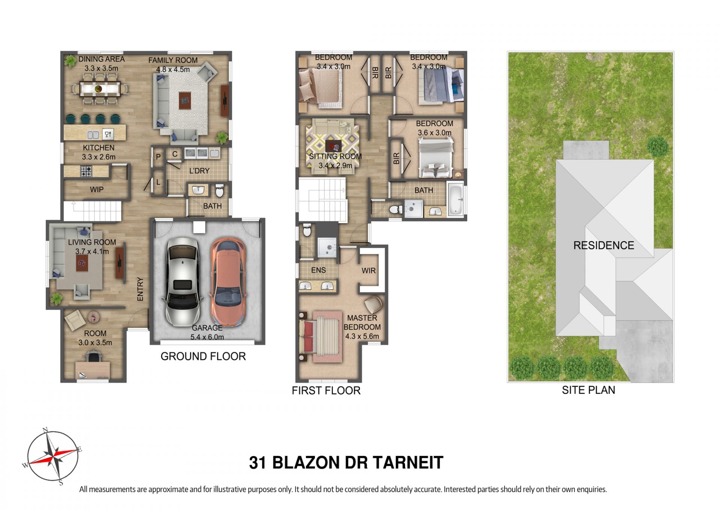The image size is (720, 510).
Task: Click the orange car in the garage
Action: tap(228, 282)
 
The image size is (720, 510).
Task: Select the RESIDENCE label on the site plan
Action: tap(603, 245)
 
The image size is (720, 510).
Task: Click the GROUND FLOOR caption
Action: tap(203, 356)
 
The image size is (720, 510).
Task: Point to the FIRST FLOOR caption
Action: tap(326, 390)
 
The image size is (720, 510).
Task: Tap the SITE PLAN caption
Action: tap(588, 390)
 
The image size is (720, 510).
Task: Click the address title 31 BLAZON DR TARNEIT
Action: tap(346, 463)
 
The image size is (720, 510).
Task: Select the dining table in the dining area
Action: tap(100, 89)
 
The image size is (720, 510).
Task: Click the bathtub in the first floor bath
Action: tap(456, 199)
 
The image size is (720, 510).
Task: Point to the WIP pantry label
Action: tap(96, 190)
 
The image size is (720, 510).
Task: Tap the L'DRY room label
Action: tap(199, 171)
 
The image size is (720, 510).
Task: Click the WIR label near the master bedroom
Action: tap(368, 271)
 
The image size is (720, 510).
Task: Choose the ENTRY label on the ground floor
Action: tap(140, 289)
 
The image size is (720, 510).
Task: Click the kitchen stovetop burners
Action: tap(86, 171)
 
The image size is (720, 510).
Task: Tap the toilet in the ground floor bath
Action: tap(220, 190)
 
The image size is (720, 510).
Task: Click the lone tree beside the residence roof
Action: tap(657, 147)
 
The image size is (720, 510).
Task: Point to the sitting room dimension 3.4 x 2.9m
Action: tap(335, 165)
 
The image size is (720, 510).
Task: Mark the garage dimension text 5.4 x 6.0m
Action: tap(207, 337)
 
